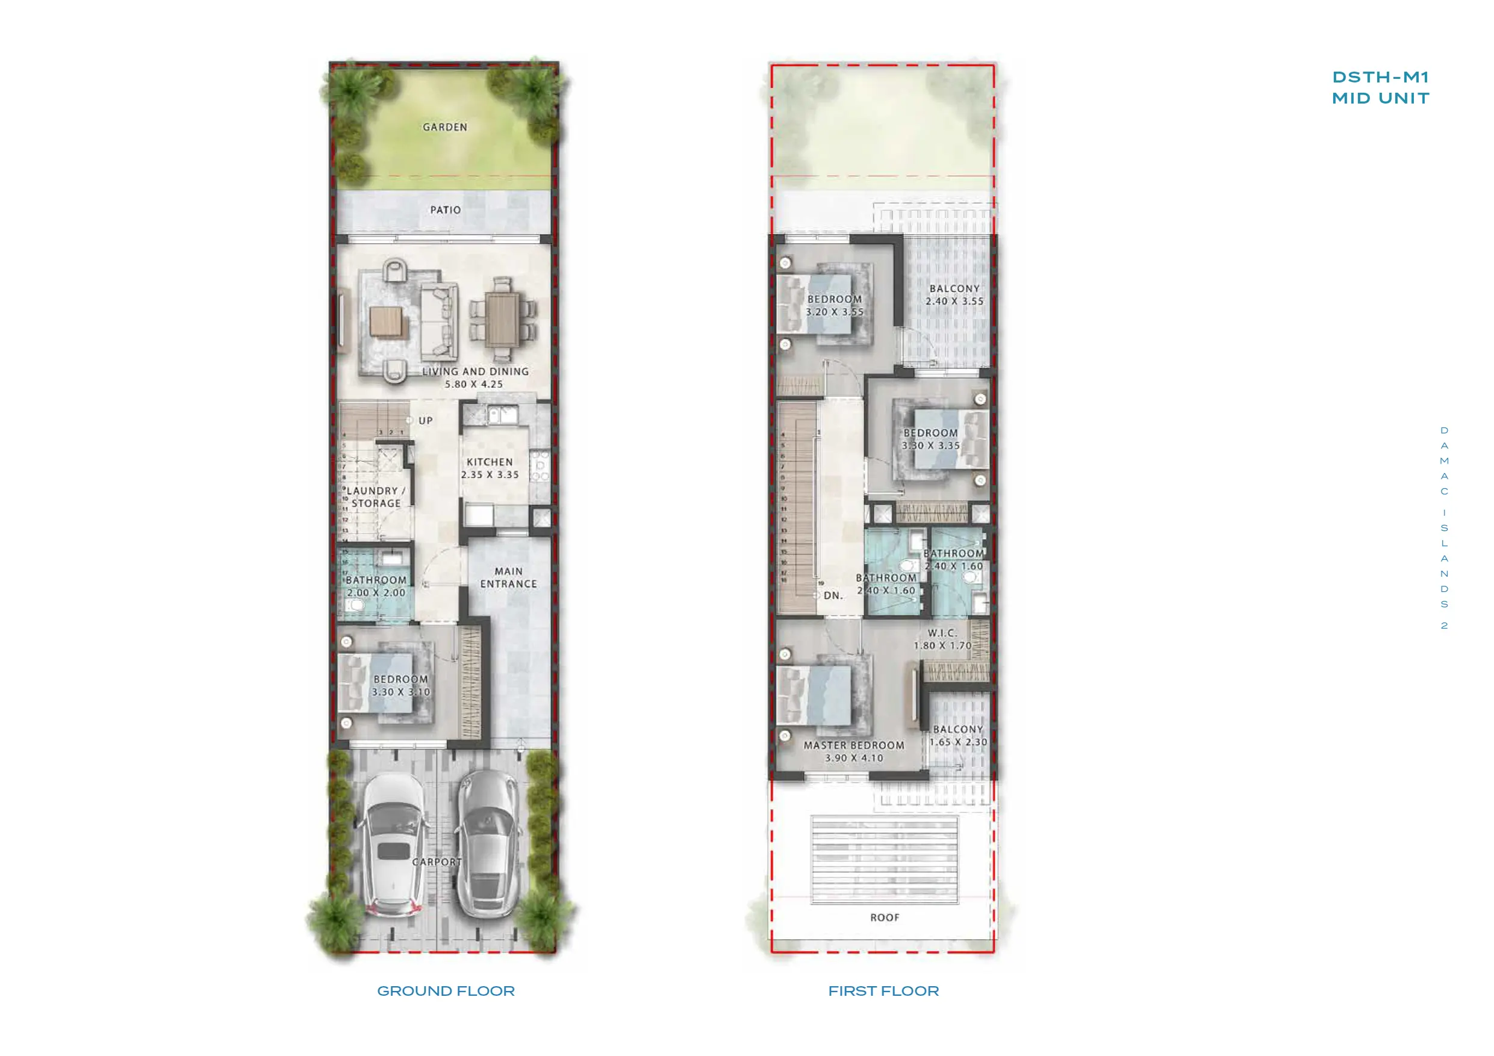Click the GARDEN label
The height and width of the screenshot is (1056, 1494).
click(x=444, y=128)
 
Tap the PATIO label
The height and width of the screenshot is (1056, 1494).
click(x=445, y=210)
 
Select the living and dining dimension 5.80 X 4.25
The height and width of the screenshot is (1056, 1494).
click(x=474, y=385)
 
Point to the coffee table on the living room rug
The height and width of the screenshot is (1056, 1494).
click(x=386, y=321)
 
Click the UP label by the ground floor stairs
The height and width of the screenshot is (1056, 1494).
click(x=426, y=421)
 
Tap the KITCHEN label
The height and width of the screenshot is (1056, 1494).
click(x=490, y=462)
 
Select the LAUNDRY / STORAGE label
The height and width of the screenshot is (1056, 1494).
click(x=375, y=497)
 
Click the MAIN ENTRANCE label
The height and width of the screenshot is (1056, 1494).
click(x=508, y=578)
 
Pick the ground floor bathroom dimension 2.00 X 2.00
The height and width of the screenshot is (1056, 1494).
click(x=376, y=593)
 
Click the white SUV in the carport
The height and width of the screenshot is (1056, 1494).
click(x=393, y=845)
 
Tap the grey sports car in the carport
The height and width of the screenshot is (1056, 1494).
click(x=488, y=845)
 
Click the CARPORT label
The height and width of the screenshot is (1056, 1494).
click(x=437, y=862)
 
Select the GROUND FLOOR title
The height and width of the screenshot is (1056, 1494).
click(x=446, y=991)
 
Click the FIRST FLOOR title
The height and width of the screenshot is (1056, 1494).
click(x=883, y=991)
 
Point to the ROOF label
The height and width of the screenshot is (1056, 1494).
click(x=885, y=918)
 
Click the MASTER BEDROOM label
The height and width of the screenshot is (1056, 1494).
click(x=854, y=745)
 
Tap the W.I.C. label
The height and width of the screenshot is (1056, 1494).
click(x=942, y=633)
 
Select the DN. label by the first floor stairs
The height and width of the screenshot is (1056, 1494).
click(x=833, y=595)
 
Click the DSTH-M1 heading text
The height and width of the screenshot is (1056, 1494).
click(x=1380, y=78)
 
